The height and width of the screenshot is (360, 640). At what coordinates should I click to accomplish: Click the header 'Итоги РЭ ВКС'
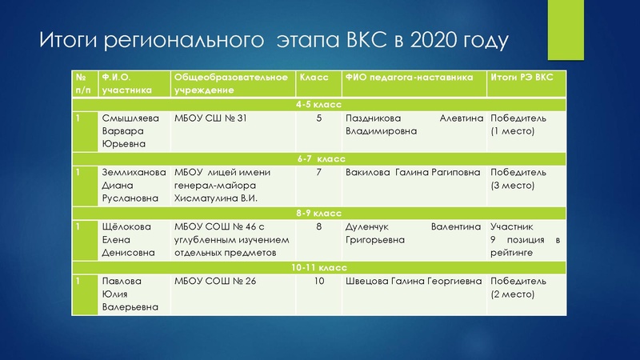tap(521, 78)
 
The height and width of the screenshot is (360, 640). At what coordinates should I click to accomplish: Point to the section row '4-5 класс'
tap(318, 105)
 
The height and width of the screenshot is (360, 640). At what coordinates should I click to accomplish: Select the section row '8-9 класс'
tap(318, 214)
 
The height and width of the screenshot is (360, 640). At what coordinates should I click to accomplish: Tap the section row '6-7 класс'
tap(318, 159)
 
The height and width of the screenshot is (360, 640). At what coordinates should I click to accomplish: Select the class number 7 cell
tap(319, 172)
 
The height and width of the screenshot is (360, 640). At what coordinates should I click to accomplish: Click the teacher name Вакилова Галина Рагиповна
tap(412, 172)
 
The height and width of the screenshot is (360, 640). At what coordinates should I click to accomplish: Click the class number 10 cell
tap(319, 281)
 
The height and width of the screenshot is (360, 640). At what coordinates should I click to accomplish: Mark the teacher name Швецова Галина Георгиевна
tap(412, 281)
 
